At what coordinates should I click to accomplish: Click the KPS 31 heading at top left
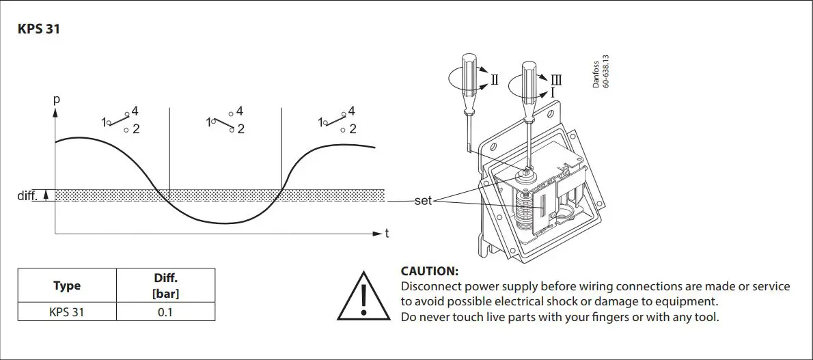(38, 30)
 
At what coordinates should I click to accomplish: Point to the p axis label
(57, 99)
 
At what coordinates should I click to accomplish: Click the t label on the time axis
(387, 234)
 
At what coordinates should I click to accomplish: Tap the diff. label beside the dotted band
(28, 196)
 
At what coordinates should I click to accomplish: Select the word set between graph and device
(424, 202)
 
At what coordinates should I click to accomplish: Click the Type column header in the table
(67, 286)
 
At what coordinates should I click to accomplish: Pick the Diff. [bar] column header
(166, 286)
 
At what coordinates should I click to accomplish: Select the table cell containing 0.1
(166, 312)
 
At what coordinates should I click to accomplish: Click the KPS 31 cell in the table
(67, 312)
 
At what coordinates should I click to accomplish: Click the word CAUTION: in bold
(429, 271)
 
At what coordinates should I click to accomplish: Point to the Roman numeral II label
(495, 80)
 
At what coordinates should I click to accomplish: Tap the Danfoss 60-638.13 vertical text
(599, 74)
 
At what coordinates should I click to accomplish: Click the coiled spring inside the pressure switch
(525, 212)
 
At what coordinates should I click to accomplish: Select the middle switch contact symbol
(225, 120)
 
